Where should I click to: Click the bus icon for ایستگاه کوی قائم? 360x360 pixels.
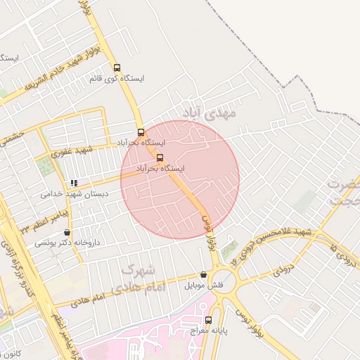[117, 68]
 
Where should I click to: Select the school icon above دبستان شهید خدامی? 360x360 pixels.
[74, 184]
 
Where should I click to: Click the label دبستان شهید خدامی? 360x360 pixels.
[64, 194]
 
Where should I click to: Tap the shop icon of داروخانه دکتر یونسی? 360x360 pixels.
[67, 232]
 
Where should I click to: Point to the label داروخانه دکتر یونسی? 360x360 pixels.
[67, 243]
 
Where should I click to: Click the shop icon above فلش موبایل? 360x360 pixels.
[204, 275]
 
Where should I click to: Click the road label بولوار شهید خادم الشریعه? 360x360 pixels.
[64, 70]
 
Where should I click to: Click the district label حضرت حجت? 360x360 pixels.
[343, 191]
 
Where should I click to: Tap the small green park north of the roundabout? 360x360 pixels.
[229, 249]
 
